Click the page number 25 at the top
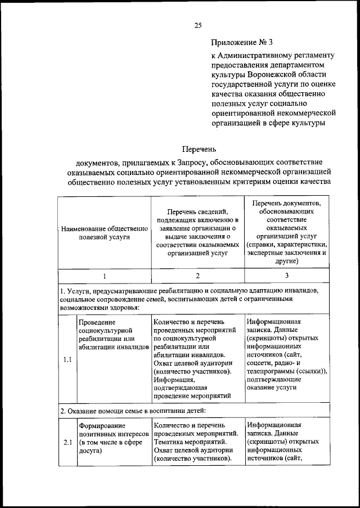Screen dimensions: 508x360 pos(198,25)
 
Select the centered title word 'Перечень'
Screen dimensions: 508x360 pos(197,149)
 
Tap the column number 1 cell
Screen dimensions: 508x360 pos(105,276)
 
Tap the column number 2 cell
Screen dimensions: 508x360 pos(197,276)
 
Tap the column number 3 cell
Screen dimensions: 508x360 pos(286,276)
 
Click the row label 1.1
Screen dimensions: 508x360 pos(67,361)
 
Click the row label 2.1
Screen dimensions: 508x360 pos(67,442)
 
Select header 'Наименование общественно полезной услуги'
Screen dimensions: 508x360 pos(105,233)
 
